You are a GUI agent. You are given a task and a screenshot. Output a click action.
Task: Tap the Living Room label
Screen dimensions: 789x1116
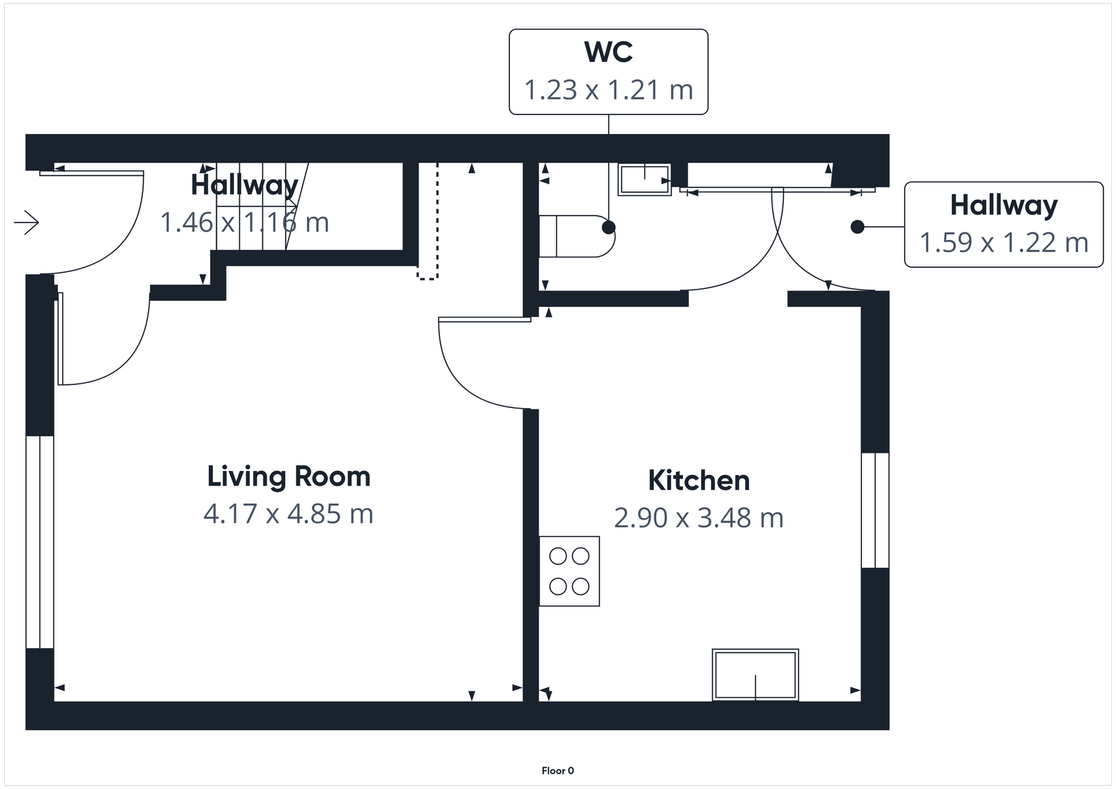[289, 476]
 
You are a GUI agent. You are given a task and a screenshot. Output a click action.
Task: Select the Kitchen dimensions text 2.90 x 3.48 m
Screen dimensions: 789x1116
[699, 518]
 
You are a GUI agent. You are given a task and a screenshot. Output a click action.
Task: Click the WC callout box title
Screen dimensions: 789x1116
[608, 52]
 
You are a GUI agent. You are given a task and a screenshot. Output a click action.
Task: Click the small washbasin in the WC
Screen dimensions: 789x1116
[644, 179]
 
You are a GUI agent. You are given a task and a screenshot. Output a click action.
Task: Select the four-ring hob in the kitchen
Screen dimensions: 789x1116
[569, 571]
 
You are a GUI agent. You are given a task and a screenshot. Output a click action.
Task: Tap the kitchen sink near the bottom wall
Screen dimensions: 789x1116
[755, 675]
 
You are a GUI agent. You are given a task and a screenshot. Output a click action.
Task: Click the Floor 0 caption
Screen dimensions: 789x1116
[557, 771]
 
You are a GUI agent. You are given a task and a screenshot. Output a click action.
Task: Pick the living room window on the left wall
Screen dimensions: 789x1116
[40, 542]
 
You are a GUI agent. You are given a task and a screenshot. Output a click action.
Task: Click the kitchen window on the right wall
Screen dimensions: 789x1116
[875, 510]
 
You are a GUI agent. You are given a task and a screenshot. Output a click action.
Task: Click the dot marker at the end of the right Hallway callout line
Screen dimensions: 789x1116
[857, 227]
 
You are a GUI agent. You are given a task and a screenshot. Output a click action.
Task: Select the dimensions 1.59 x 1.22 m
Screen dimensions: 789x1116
[1003, 243]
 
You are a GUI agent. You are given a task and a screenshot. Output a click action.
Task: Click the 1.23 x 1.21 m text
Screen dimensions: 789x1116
[608, 90]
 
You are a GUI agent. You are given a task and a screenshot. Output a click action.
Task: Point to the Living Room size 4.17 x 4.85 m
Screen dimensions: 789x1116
[289, 514]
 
